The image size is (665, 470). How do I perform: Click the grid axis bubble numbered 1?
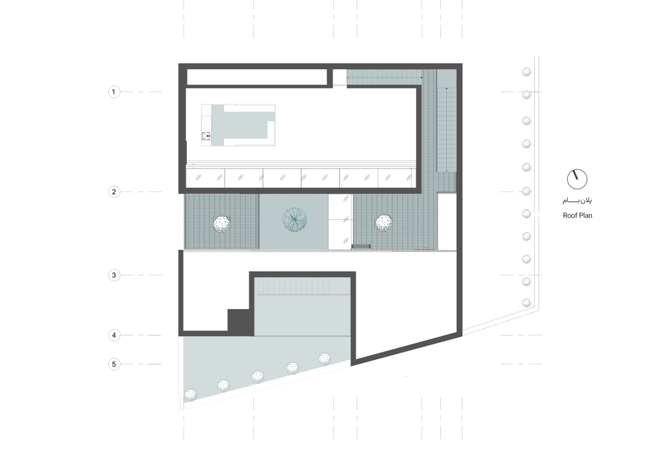click(114, 92)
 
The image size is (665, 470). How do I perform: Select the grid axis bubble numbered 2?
click(114, 191)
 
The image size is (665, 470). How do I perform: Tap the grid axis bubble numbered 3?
click(114, 275)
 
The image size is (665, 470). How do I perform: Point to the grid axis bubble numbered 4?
click(114, 335)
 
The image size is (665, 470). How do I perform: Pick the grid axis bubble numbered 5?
click(114, 364)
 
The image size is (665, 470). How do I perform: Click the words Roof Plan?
click(577, 215)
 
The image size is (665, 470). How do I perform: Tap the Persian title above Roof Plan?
click(577, 200)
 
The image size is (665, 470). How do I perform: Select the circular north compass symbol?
click(577, 179)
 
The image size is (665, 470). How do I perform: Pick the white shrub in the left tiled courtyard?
click(221, 223)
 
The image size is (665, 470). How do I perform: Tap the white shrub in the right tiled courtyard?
click(383, 222)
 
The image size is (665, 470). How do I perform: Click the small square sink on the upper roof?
click(207, 136)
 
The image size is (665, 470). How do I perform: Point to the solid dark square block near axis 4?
click(240, 322)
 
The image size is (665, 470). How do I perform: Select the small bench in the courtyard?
click(361, 247)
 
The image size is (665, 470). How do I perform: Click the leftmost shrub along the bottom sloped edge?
click(191, 394)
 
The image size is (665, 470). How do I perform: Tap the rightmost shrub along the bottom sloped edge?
click(325, 359)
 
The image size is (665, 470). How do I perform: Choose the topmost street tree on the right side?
click(527, 73)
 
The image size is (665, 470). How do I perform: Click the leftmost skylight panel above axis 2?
click(205, 177)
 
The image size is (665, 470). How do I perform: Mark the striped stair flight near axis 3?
click(303, 287)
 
